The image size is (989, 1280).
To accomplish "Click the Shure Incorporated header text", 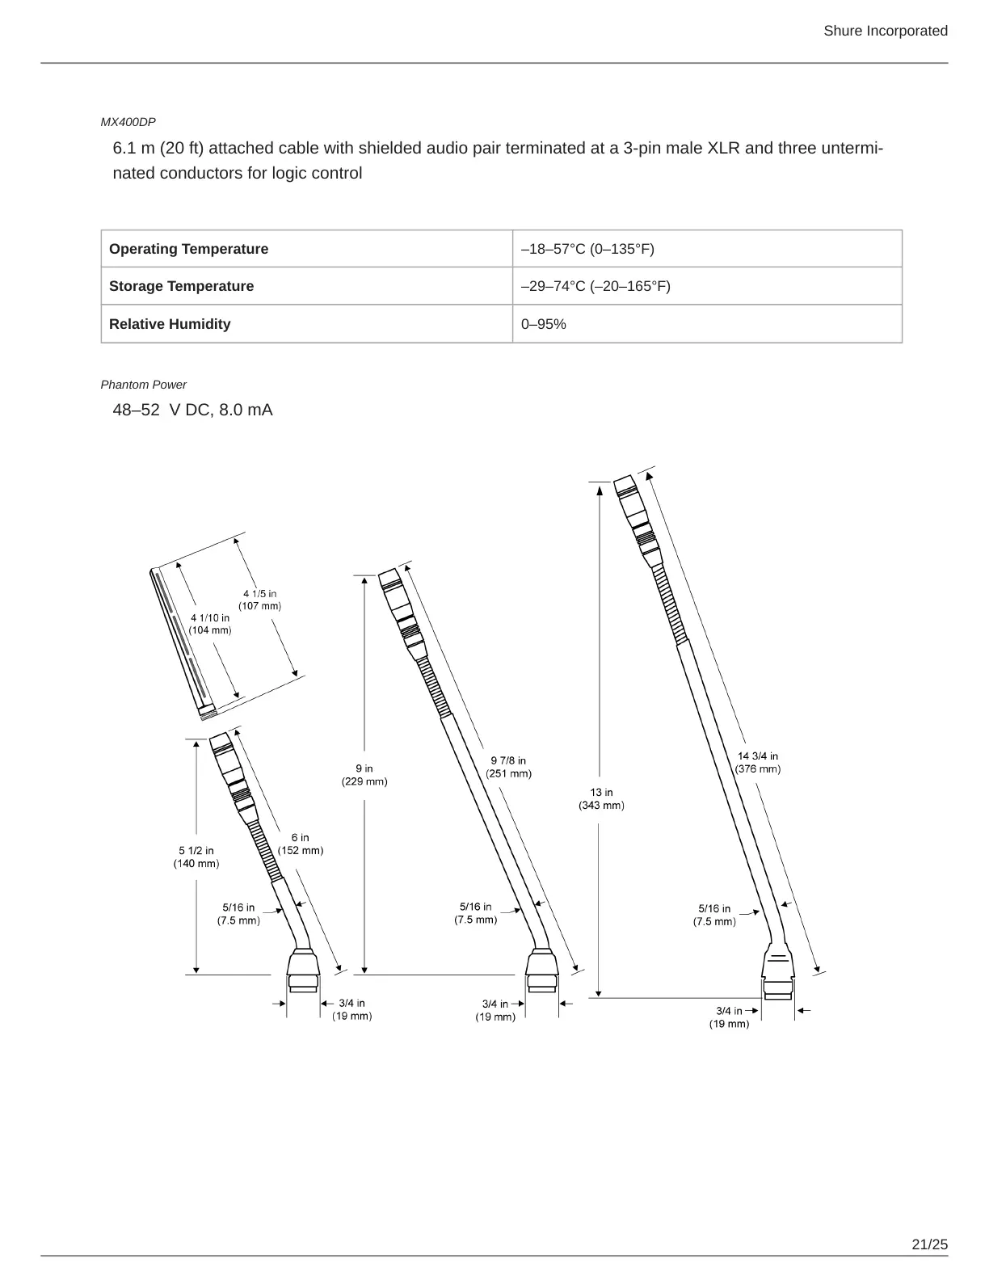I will coord(885,31).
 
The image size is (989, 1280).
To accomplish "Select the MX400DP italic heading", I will coord(128,122).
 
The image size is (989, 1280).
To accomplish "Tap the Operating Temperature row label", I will coord(188,249).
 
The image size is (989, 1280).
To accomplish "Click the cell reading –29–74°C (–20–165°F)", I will coord(596,286).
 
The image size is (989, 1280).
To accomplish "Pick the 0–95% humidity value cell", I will coord(544,324).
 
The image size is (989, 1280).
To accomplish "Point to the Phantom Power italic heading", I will coord(143,385).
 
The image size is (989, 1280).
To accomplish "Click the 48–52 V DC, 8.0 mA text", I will coord(192,410).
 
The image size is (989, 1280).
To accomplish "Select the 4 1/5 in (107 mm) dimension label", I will coord(259,600).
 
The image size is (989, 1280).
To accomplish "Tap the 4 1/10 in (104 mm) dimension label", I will coord(210,624).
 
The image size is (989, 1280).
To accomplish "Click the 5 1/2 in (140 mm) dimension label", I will coord(196,857).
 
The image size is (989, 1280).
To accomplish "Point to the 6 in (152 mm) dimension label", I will coord(301,844).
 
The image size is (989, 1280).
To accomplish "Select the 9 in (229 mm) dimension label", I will coord(364,775).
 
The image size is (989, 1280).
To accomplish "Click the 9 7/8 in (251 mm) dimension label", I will coord(508,767).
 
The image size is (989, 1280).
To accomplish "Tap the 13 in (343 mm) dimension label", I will coord(601,798).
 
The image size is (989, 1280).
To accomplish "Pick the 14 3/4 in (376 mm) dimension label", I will coord(757,762).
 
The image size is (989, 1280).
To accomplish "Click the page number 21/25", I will coord(929,1244).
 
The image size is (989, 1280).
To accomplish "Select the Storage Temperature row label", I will coord(181,286).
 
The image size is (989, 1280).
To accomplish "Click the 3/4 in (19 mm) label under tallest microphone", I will coord(729,1017).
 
